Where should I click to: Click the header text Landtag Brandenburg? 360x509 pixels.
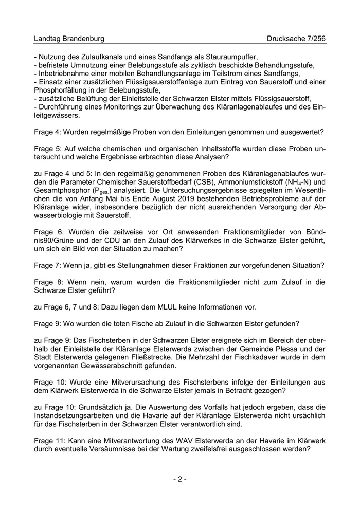pos(69,39)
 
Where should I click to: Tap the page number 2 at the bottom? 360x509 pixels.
pos(179,479)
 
